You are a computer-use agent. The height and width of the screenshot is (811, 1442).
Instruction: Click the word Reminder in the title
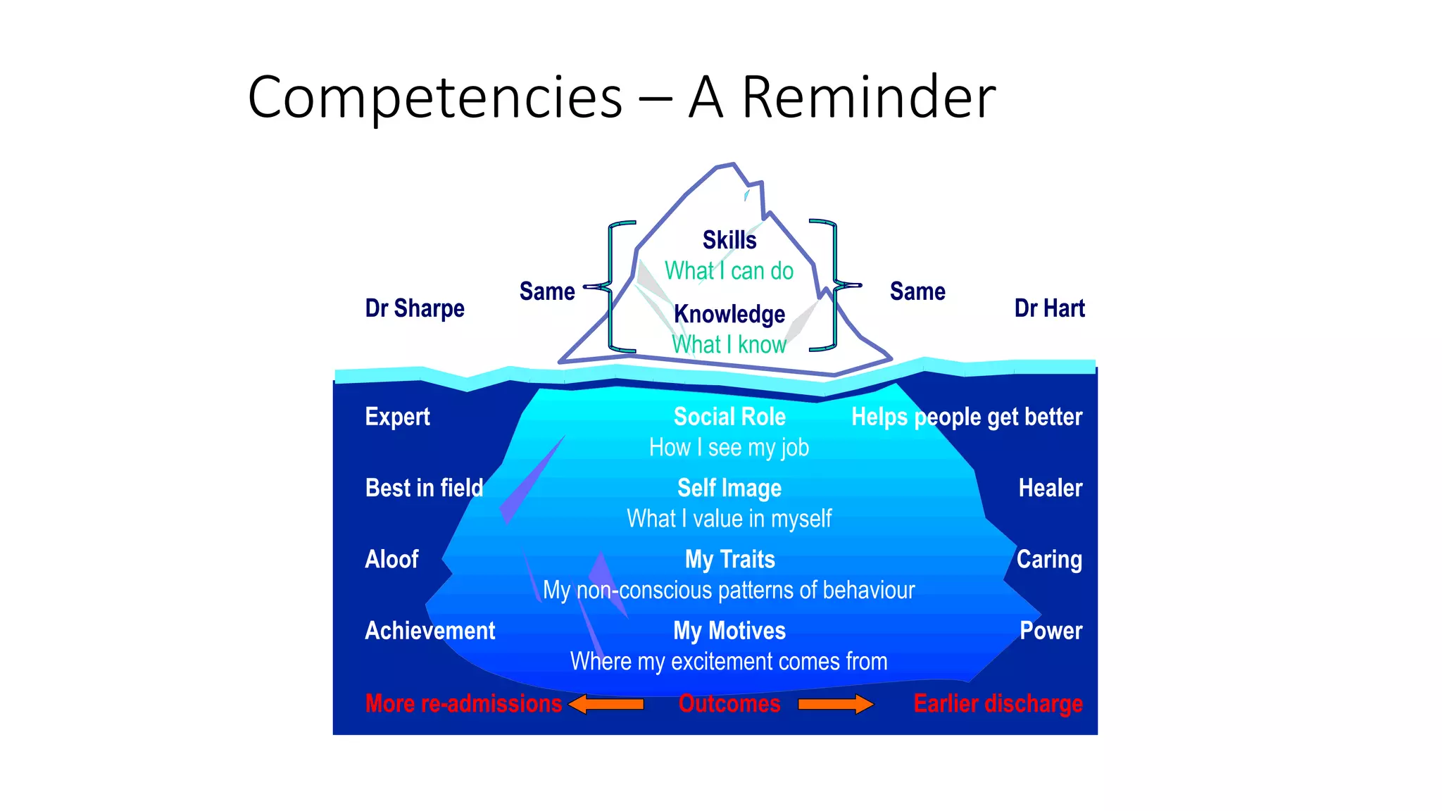[x=868, y=97]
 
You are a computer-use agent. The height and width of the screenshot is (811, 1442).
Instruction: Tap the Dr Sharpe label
[x=415, y=308]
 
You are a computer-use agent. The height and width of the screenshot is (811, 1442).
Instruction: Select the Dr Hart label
[x=1049, y=308]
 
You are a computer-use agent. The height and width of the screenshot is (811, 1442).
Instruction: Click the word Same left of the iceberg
[x=547, y=291]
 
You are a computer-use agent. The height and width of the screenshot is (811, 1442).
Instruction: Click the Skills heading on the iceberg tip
[x=729, y=240]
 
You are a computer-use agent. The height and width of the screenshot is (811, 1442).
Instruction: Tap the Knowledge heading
[x=729, y=314]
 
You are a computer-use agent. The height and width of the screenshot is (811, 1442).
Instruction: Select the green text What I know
[x=729, y=344]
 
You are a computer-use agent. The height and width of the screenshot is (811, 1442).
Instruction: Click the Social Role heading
[x=729, y=417]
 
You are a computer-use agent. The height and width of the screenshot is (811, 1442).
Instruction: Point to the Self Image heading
[x=729, y=488]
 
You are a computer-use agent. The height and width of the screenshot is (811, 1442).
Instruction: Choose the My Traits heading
[x=730, y=560]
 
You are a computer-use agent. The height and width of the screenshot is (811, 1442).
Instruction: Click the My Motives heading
[x=729, y=631]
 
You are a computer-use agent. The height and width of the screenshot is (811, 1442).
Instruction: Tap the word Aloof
[x=391, y=560]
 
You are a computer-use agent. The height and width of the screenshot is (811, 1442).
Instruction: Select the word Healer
[x=1050, y=488]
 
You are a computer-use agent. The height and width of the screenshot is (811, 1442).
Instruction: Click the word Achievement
[x=430, y=631]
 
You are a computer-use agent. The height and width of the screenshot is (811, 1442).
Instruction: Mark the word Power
[x=1051, y=631]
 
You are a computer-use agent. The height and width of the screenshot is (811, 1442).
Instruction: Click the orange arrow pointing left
[x=606, y=704]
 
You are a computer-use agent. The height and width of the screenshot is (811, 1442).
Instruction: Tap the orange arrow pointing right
[x=836, y=704]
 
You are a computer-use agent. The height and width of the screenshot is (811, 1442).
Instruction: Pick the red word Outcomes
[x=729, y=704]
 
